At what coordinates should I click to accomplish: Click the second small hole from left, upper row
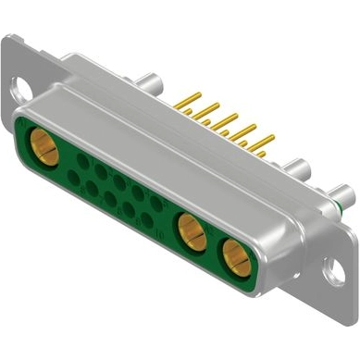click(96, 168)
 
